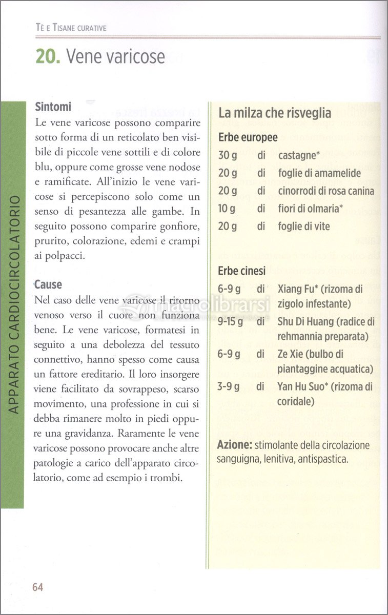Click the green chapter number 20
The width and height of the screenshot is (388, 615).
tap(48, 56)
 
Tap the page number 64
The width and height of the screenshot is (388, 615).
tap(37, 587)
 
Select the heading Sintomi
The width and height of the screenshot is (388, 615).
tap(53, 107)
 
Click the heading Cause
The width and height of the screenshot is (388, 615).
tap(48, 284)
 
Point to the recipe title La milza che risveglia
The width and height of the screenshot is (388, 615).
tap(275, 113)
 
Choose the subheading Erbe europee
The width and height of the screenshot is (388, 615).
tap(248, 138)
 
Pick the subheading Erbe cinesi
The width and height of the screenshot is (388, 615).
tap(242, 271)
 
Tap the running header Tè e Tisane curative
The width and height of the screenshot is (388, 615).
tap(68, 28)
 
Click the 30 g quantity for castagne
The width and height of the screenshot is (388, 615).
tap(228, 155)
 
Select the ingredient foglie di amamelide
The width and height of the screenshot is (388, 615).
tap(319, 173)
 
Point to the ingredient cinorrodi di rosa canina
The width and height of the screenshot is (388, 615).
tap(326, 191)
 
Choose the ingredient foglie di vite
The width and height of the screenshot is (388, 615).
tap(304, 227)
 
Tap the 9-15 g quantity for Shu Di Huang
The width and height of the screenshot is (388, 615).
tap(230, 322)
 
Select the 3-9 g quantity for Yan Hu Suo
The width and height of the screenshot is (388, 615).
tap(228, 386)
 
